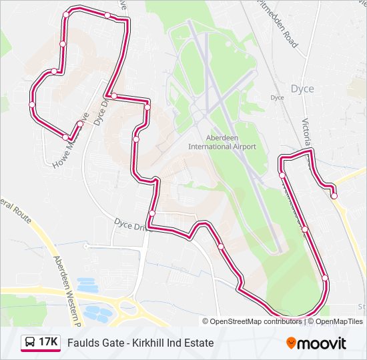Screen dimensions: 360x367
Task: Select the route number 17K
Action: pyautogui.click(x=47, y=343)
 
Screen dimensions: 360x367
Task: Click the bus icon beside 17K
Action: pyautogui.click(x=30, y=343)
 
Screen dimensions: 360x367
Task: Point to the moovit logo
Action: pyautogui.click(x=316, y=343)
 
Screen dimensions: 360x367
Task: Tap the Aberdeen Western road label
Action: pyautogui.click(x=67, y=287)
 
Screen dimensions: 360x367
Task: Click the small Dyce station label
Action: pyautogui.click(x=277, y=97)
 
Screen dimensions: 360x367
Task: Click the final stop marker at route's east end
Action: pyautogui.click(x=334, y=195)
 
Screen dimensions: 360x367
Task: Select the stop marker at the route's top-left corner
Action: pyautogui.click(x=65, y=15)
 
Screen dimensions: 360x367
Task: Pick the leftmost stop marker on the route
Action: pyautogui.click(x=31, y=105)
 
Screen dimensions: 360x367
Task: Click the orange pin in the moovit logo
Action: pyautogui.click(x=292, y=343)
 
